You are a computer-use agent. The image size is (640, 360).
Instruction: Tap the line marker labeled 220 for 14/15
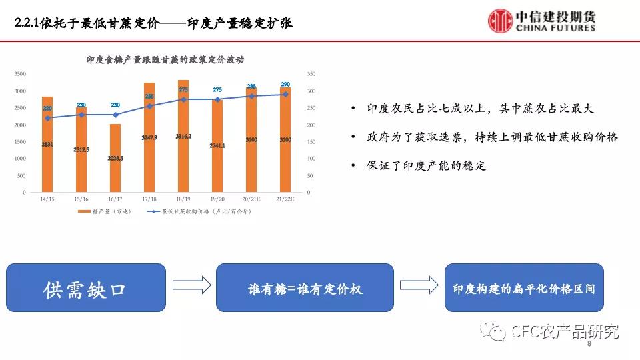pyautogui.click(x=47, y=118)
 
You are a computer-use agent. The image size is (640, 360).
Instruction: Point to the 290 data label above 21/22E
pyautogui.click(x=285, y=85)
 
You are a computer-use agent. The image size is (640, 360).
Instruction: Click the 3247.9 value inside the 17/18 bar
pyautogui.click(x=149, y=137)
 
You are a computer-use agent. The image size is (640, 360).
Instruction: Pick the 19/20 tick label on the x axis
pyautogui.click(x=217, y=199)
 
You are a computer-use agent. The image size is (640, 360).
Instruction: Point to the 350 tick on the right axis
pyautogui.click(x=310, y=74)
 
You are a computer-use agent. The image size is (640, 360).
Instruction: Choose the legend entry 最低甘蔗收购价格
pyautogui.click(x=199, y=211)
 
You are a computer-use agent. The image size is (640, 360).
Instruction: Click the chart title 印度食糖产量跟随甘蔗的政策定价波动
pyautogui.click(x=165, y=59)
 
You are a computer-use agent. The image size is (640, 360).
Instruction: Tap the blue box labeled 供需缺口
pyautogui.click(x=86, y=287)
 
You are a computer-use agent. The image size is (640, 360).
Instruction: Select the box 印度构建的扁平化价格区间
pyautogui.click(x=523, y=287)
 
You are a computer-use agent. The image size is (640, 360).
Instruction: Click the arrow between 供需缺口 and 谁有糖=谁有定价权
pyautogui.click(x=191, y=285)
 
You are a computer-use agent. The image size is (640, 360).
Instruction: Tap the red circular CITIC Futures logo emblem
pyautogui.click(x=500, y=21)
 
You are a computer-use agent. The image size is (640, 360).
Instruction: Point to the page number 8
pyautogui.click(x=589, y=346)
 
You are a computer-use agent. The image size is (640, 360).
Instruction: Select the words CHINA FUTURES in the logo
pyautogui.click(x=556, y=29)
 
